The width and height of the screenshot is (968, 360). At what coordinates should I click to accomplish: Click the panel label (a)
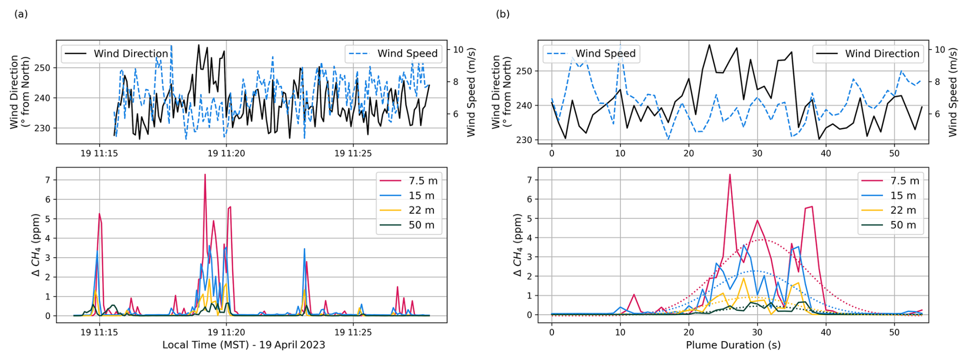[x=21, y=14]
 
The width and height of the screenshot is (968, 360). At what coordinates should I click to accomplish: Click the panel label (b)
[x=502, y=14]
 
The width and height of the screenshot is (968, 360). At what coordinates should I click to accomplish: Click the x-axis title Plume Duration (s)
[x=733, y=345]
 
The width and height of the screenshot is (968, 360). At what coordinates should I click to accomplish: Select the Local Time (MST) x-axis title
[x=244, y=345]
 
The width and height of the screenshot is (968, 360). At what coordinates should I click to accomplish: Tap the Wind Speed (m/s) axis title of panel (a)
[x=471, y=92]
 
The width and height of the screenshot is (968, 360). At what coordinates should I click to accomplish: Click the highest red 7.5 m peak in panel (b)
[x=730, y=175]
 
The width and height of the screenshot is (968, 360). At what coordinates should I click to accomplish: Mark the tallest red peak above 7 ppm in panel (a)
[x=205, y=175]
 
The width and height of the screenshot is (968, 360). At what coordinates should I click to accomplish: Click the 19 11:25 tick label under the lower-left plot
[x=353, y=332]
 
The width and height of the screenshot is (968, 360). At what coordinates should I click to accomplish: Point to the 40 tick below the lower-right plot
[x=826, y=332]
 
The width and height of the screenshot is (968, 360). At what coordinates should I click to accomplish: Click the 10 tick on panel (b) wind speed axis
[x=940, y=50]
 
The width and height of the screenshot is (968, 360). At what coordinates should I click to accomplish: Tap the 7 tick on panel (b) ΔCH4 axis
[x=529, y=180]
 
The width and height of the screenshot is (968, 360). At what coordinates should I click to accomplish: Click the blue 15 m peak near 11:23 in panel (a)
[x=304, y=249]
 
